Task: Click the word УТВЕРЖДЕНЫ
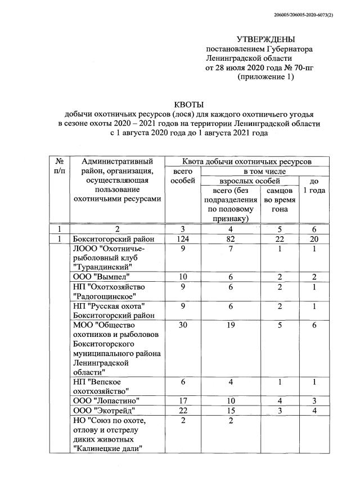point(265,39)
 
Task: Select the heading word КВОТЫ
point(189,105)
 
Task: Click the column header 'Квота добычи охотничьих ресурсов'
point(248,161)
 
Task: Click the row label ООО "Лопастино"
point(106,400)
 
